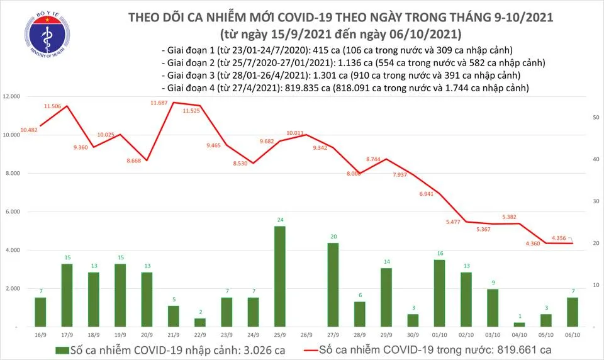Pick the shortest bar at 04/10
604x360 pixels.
(x=518, y=325)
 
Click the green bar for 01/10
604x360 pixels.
(x=439, y=293)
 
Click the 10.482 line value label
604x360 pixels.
(x=29, y=130)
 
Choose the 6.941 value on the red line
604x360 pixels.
(x=427, y=194)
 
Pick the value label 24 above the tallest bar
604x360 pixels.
(x=280, y=220)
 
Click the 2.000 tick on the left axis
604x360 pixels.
(x=13, y=289)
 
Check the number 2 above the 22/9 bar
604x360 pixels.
(x=200, y=312)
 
